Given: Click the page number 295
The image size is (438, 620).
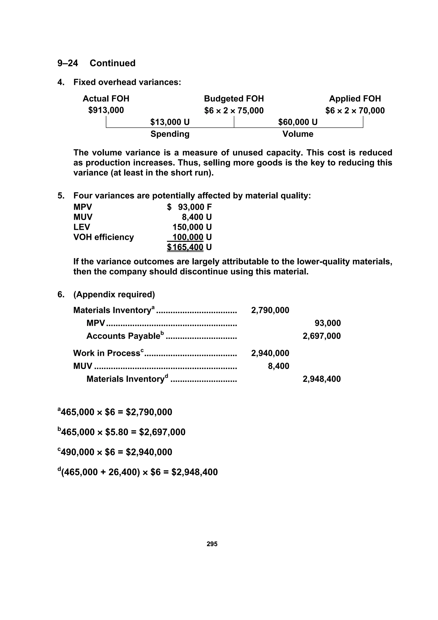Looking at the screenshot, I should point(212,544).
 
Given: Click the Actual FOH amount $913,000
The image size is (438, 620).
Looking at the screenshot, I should point(106,110).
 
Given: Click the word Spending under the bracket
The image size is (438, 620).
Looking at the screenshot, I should point(170,134).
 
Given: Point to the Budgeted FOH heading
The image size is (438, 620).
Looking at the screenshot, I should point(234,99).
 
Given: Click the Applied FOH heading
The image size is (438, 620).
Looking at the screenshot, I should point(355,99).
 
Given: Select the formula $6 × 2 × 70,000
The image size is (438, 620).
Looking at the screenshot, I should point(355,110).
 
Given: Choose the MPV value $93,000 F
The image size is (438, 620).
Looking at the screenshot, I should point(189,207).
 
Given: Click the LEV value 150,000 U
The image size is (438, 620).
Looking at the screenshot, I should point(192,227).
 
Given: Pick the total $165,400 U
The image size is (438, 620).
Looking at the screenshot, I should point(189,247).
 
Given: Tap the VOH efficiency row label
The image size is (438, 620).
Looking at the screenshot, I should point(104,237).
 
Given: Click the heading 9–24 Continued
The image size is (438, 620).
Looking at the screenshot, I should point(96,63).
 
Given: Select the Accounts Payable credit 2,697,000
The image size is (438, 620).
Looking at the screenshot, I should point(321,336).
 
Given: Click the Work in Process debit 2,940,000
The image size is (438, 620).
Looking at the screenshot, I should point(270,353).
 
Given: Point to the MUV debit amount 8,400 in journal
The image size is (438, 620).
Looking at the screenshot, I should point(278,366).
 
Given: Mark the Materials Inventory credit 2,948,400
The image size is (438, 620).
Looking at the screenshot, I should point(321,379).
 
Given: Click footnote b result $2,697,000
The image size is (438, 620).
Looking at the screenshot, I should point(162,432).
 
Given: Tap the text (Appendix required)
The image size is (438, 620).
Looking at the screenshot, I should point(114,294).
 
